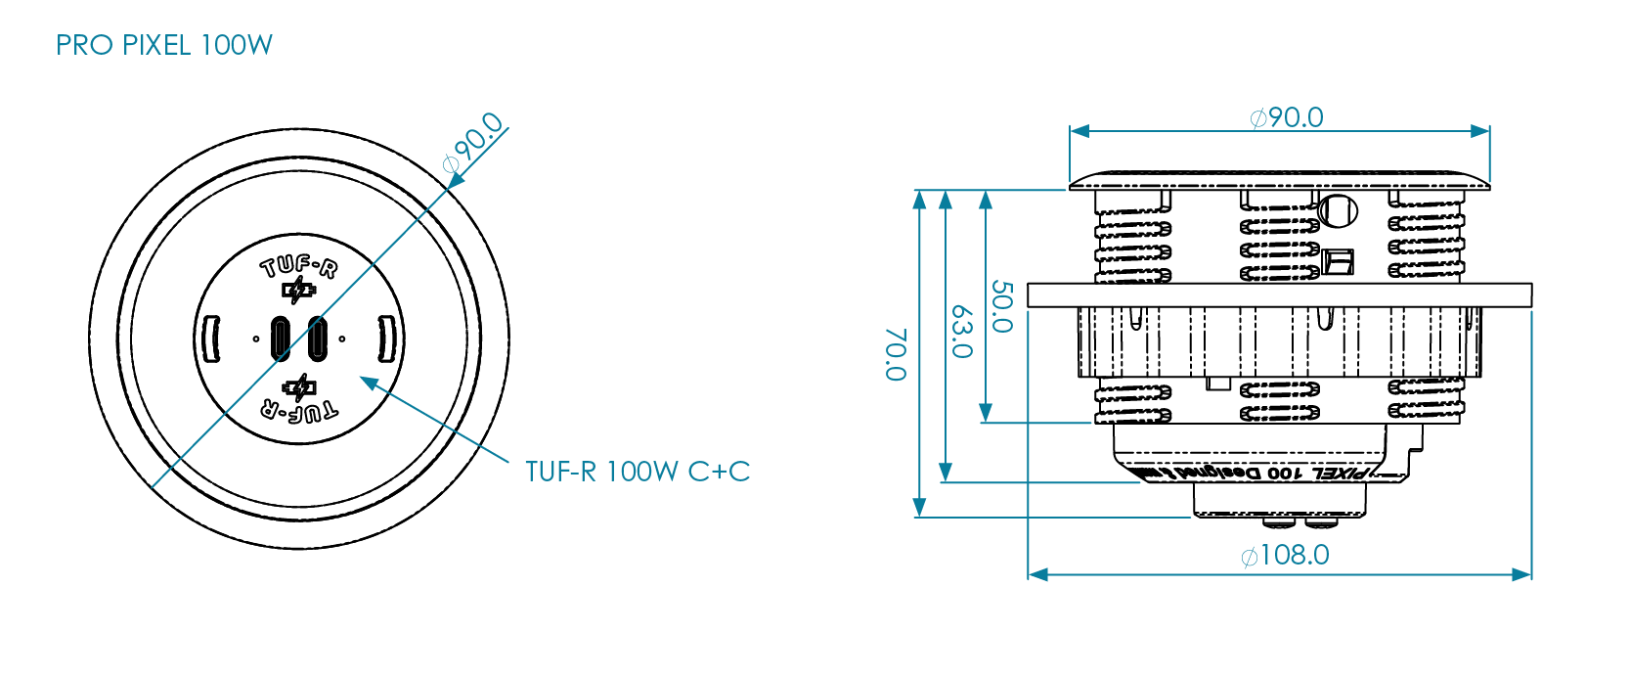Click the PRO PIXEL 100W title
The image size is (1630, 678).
pos(164,45)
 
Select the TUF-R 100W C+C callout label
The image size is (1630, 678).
pos(637,472)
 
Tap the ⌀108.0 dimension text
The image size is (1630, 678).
pos(1285,556)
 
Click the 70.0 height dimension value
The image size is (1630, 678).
pos(896,354)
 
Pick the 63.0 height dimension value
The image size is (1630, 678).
pos(961,332)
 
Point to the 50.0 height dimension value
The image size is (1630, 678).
pos(1001,306)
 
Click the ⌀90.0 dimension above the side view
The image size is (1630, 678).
pos(1287,118)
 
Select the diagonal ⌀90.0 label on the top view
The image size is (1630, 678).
pos(473,143)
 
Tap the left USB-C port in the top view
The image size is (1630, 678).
pos(281,339)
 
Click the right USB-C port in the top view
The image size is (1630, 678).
pos(317,339)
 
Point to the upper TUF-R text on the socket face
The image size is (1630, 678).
pos(299,266)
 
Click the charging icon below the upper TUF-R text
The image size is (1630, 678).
pos(299,291)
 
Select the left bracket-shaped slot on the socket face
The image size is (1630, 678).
pos(211,339)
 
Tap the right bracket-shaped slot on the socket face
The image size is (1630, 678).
pos(386,339)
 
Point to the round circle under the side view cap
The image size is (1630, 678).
pos(1338,209)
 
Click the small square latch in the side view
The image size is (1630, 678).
pos(1338,261)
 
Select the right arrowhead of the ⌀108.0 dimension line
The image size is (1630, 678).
pos(1522,574)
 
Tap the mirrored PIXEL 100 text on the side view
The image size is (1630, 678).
pos(1261,473)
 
